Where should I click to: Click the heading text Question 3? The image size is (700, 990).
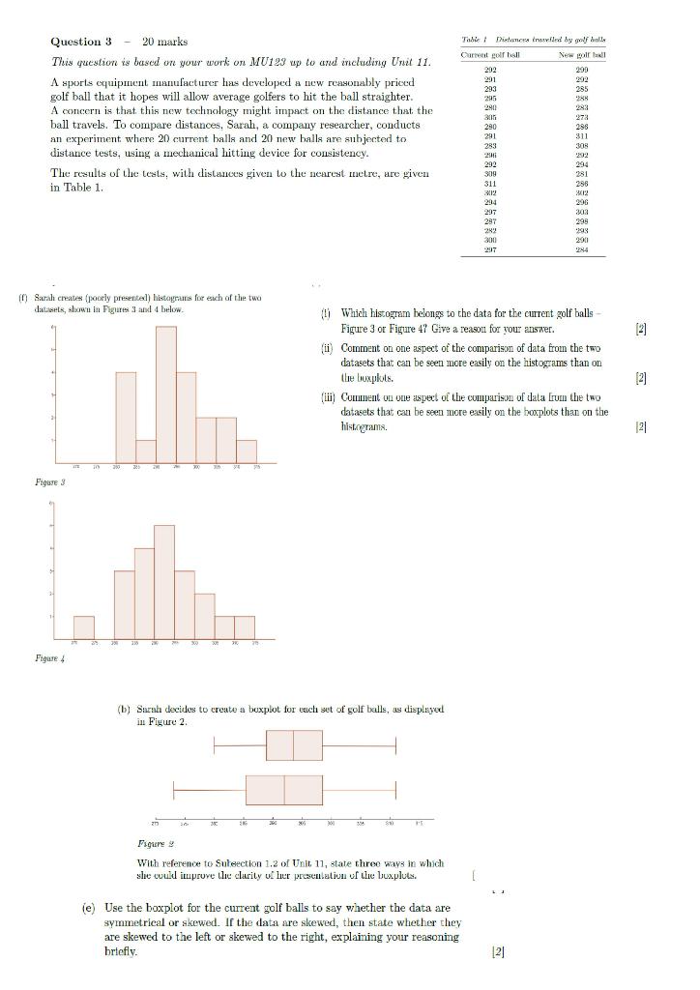(81, 42)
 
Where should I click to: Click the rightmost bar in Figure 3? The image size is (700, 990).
(247, 451)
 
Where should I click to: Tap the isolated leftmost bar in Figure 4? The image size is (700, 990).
(84, 626)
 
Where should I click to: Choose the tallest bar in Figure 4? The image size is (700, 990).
(164, 580)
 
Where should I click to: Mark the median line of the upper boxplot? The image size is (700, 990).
(293, 745)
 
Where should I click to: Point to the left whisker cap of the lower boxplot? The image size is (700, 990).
(174, 790)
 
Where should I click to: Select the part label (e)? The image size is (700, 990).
(88, 908)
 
